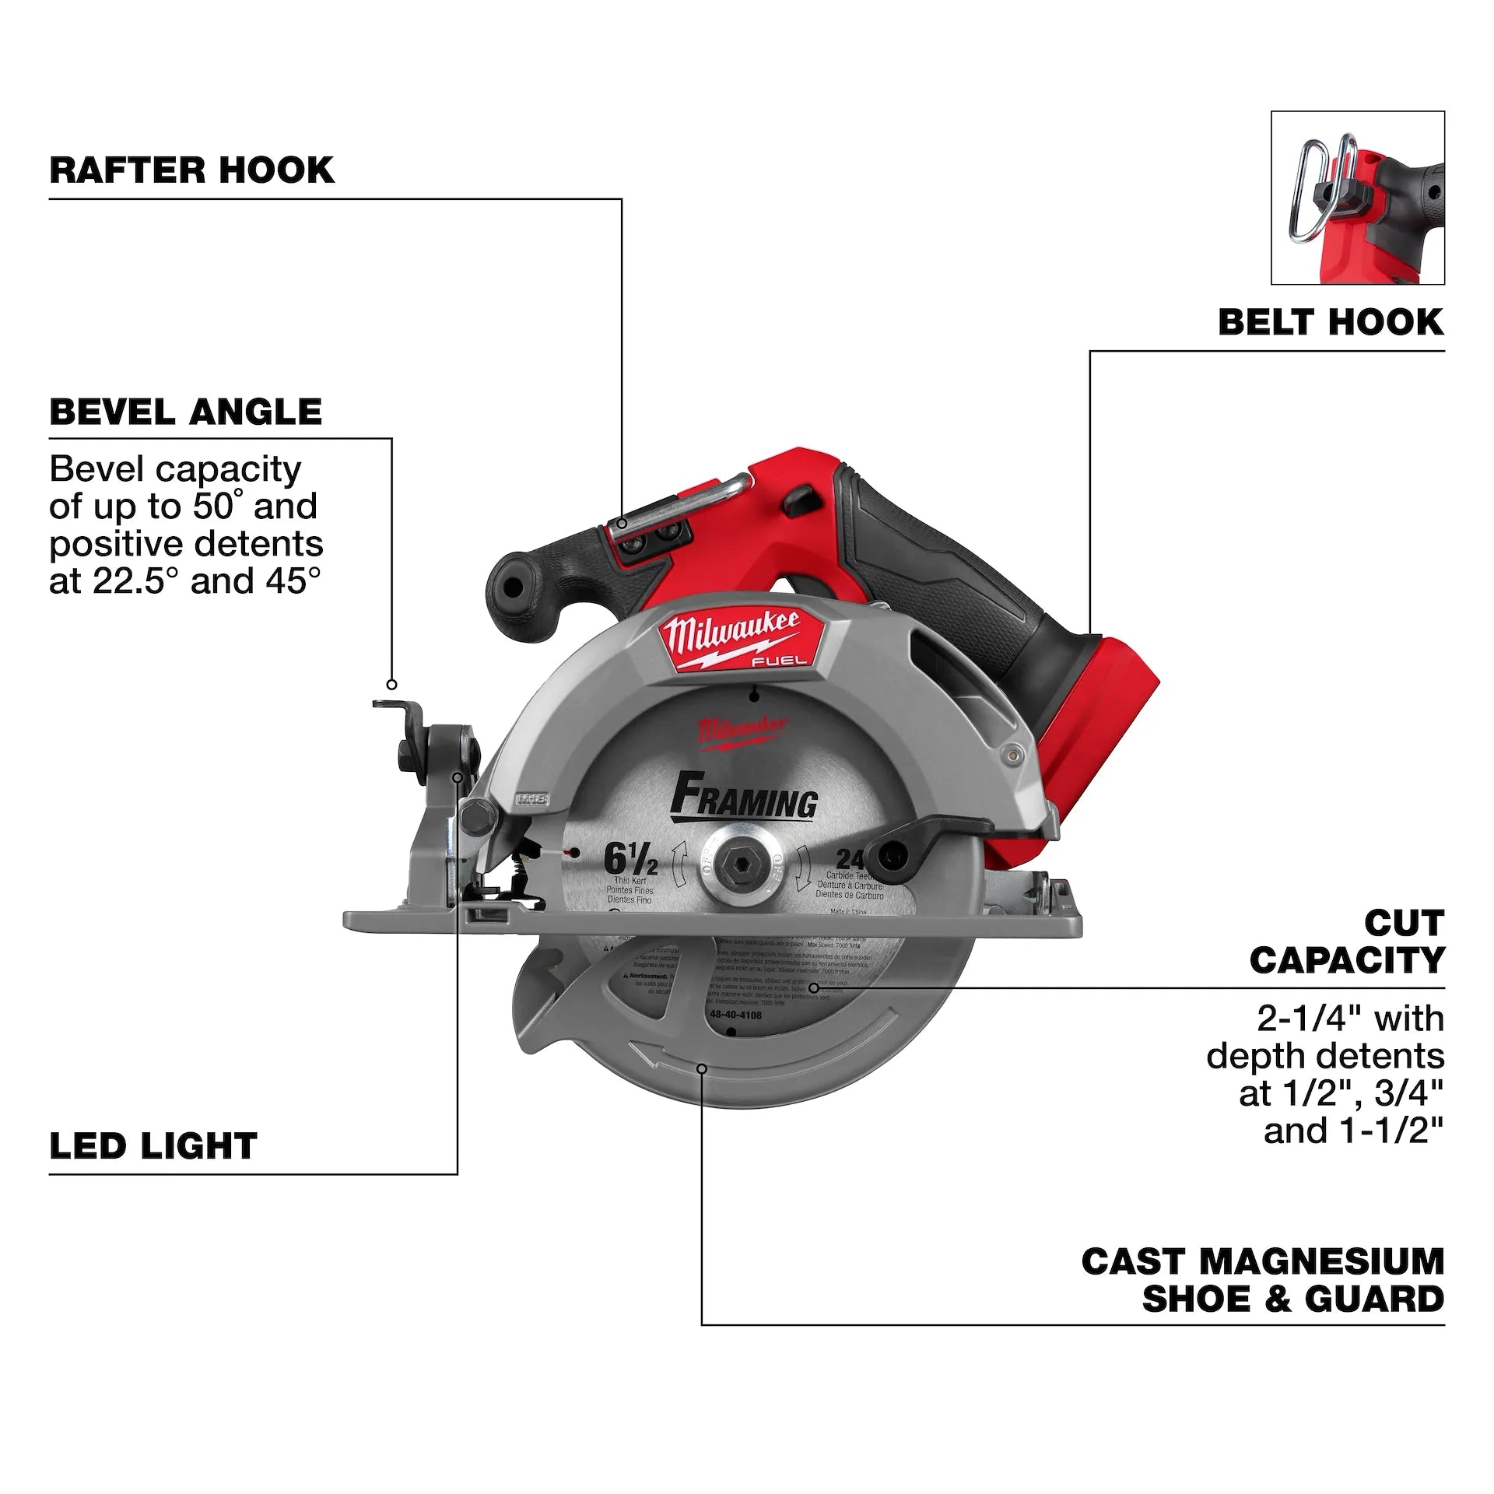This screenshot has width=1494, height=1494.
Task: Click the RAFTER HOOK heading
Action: pyautogui.click(x=191, y=170)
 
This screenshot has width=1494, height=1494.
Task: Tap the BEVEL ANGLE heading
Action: pyautogui.click(x=185, y=412)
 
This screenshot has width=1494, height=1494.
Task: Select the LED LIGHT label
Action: pyautogui.click(x=153, y=1146)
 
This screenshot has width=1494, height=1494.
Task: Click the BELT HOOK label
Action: pyautogui.click(x=1331, y=322)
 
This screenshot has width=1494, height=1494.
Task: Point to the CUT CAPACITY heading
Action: pyautogui.click(x=1347, y=942)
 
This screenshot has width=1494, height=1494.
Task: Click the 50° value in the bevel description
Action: pyautogui.click(x=212, y=507)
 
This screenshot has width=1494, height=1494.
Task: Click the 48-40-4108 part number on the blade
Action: pyautogui.click(x=735, y=1015)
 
